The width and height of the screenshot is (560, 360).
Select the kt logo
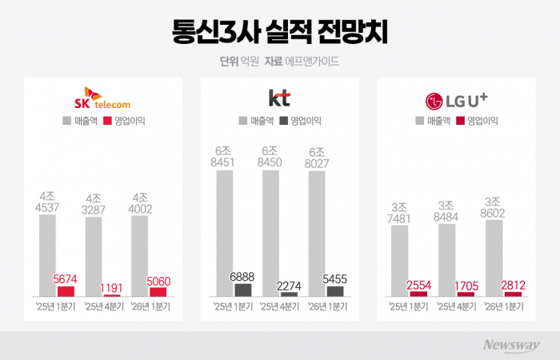[x=280, y=98]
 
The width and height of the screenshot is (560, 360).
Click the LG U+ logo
[x=457, y=101]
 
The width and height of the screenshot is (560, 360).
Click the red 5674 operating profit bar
[x=66, y=291]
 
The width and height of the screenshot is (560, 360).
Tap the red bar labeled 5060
[x=158, y=292]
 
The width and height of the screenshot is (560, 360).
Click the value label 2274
[x=289, y=284]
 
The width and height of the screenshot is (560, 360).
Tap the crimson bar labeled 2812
[x=513, y=294]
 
